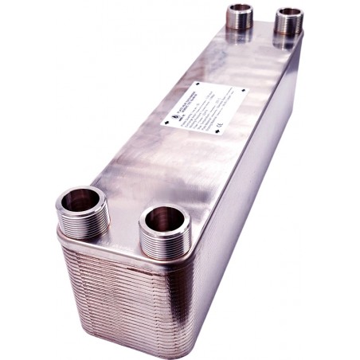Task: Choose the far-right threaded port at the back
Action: (289, 19)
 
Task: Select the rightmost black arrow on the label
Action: (243, 95)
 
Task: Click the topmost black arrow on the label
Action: (198, 83)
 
